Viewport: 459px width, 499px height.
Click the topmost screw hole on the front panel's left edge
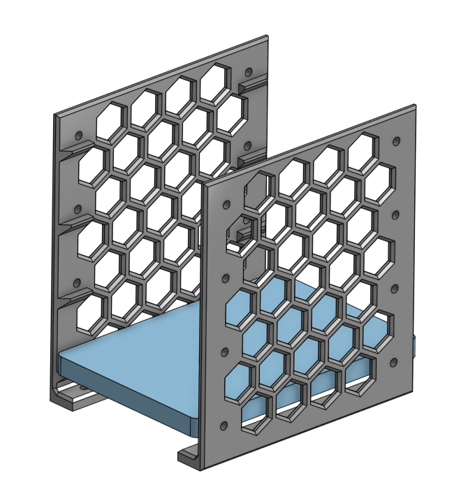225,205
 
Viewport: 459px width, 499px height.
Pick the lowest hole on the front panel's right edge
393,362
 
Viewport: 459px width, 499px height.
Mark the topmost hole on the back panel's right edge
247,71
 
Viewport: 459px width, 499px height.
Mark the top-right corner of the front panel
415,107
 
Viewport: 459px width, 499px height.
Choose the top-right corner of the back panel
267,37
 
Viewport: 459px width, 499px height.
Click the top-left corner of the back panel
56,113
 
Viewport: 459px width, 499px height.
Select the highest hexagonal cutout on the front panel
364,149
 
